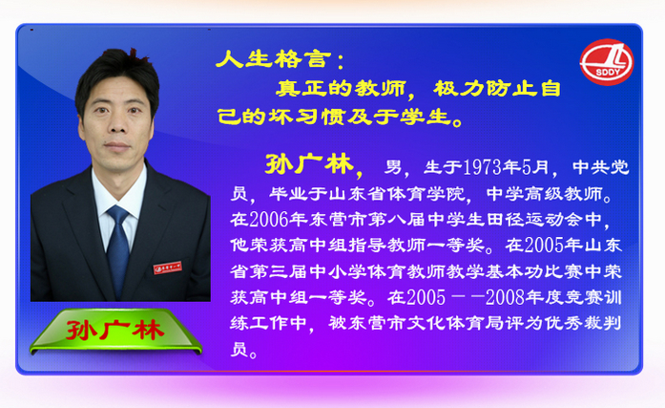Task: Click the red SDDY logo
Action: pos(607,62)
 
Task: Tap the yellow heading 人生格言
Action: pos(273,59)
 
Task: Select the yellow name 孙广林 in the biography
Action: pos(309,164)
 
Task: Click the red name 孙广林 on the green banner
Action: pos(114,331)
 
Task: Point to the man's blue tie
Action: pos(118,248)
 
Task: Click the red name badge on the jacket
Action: pos(168,268)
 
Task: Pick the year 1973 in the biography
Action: pos(482,168)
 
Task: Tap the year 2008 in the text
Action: pos(505,297)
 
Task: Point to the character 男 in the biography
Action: pos(393,168)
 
